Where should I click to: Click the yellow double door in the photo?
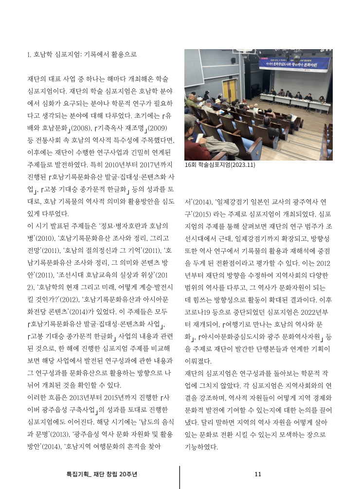pos(230,90)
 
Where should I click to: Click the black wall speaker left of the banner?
pos(233,60)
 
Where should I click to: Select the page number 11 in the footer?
pos(258,474)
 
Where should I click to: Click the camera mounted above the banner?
pos(297,57)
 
